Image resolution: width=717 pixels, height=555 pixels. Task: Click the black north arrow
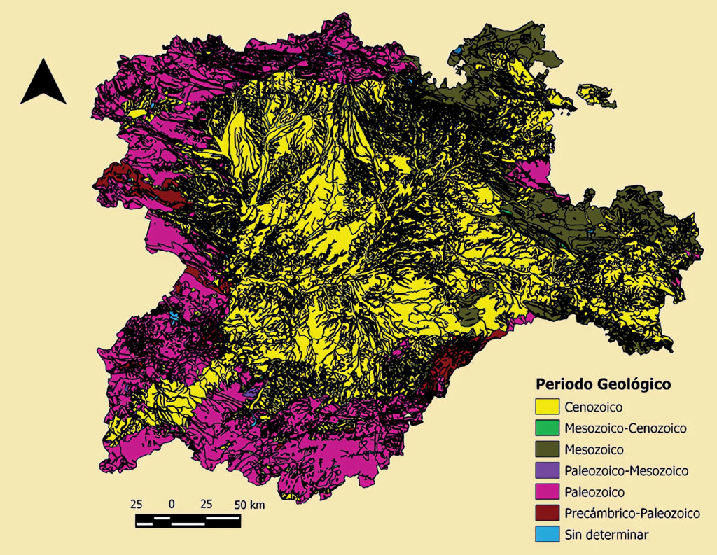coord(43,83)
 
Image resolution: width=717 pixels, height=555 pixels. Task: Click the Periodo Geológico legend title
coord(603,384)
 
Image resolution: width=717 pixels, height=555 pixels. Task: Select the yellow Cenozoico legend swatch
coord(547,406)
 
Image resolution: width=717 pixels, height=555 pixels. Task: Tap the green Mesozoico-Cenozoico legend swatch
coord(547,427)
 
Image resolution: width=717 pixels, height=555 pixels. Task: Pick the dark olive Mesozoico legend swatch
coord(547,449)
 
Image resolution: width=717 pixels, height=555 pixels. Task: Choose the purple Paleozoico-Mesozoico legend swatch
coord(547,470)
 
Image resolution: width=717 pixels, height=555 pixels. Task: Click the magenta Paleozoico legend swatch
coord(547,492)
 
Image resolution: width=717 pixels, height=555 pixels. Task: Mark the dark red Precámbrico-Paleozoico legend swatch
coord(547,513)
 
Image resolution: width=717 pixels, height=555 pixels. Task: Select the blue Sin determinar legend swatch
coord(547,535)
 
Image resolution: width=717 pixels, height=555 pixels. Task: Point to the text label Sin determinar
coord(606,535)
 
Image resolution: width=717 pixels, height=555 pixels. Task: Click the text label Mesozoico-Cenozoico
coord(625,427)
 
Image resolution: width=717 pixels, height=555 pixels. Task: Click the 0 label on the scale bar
coord(172,504)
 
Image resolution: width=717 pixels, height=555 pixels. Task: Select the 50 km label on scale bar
coord(250,504)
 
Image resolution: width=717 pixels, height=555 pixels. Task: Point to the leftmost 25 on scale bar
coord(137,504)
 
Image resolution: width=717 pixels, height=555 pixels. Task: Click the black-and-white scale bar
coord(188,520)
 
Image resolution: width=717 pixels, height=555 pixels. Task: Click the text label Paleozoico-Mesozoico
coord(627,470)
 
